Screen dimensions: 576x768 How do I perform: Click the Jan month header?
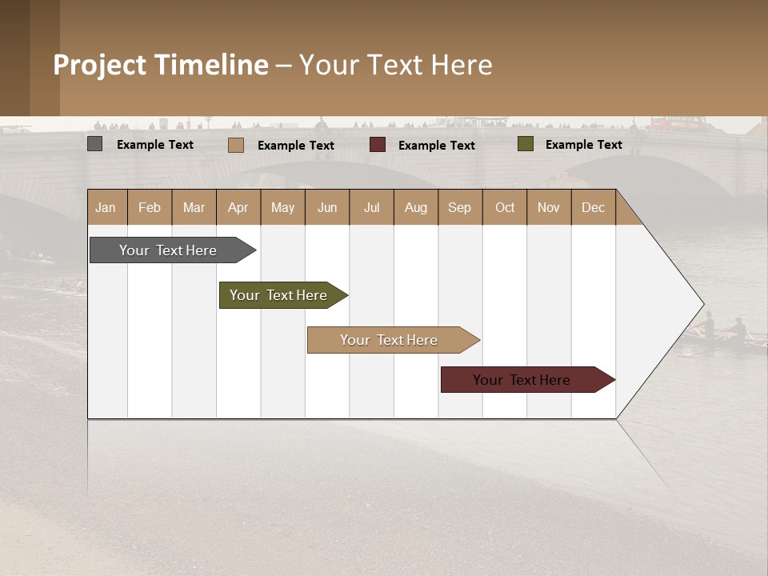tap(106, 207)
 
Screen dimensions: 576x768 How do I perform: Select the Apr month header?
tap(238, 207)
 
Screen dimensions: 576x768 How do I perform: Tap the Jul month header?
tap(371, 207)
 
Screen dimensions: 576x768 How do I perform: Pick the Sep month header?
tap(459, 207)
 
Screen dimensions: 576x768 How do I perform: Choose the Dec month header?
tap(593, 207)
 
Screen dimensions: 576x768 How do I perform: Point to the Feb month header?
tap(150, 207)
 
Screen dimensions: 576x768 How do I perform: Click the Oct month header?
tap(505, 207)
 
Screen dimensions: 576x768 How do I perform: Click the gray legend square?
tap(95, 144)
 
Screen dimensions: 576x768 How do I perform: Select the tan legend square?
tap(235, 145)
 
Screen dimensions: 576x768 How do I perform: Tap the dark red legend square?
tap(378, 144)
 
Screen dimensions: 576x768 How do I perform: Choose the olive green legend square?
tap(525, 144)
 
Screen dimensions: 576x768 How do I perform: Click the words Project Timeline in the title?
tap(161, 65)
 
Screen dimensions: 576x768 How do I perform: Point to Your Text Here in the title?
tap(396, 65)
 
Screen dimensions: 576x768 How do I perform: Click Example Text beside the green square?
tap(583, 145)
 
